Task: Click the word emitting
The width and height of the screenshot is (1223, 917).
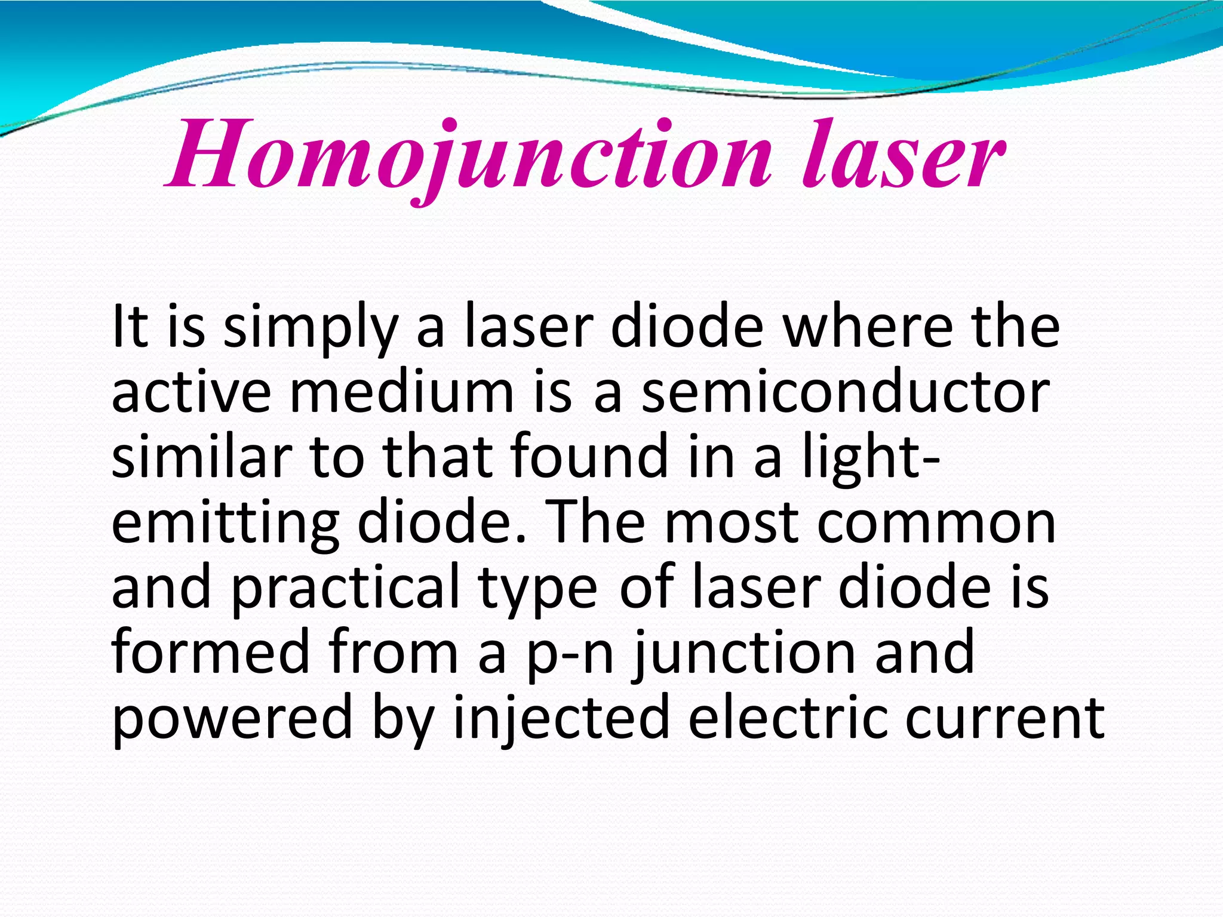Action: point(225,524)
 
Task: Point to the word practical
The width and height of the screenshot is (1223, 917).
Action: point(345,590)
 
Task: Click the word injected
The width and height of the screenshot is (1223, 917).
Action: point(561,720)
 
